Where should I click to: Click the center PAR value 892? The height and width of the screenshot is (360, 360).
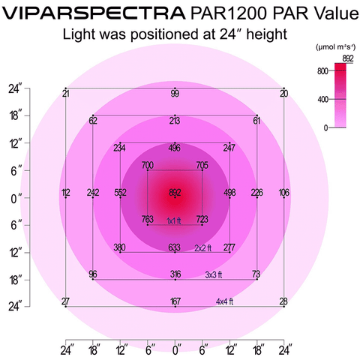pos(175,192)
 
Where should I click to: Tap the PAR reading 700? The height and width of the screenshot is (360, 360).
pos(147,165)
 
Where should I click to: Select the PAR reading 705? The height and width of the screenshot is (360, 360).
pos(202,165)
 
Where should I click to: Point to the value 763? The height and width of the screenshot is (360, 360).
pos(148,219)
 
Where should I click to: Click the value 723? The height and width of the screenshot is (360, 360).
pos(202,219)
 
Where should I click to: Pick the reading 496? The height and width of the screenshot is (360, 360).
pos(175,148)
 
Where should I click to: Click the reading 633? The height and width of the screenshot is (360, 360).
pos(175,247)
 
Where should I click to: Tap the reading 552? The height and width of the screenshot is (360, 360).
pos(120,193)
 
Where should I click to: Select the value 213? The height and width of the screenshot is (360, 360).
pos(175,120)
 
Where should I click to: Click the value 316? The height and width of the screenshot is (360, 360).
pos(175,274)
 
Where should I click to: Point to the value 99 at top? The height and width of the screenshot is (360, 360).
pos(175,93)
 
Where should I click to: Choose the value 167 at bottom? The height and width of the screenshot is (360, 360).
pos(175,301)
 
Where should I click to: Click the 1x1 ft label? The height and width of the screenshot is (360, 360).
pos(174,220)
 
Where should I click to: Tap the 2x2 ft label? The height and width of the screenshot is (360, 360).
pos(204,247)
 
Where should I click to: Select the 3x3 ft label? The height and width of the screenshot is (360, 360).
pos(217,274)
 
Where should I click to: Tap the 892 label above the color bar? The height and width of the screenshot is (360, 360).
pos(347,57)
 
